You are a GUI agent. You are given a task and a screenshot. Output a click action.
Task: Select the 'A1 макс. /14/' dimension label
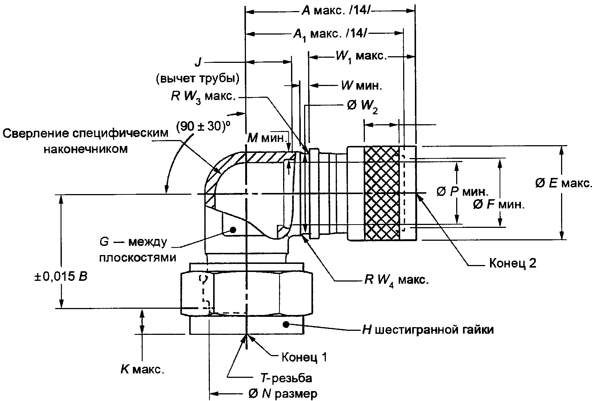pos(330,35)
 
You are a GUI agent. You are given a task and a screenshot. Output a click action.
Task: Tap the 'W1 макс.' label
pos(361,57)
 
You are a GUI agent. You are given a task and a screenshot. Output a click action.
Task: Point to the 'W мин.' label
pos(362,86)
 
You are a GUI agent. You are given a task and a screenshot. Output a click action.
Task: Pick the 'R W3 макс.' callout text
pos(203,97)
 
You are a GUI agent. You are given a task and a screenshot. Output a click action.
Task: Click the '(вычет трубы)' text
pos(198,79)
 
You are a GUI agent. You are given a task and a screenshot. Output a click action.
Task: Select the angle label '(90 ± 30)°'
pos(203,127)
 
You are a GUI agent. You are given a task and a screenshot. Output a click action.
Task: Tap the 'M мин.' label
pos(267,138)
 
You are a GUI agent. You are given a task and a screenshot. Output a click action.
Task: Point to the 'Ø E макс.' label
pos(563,183)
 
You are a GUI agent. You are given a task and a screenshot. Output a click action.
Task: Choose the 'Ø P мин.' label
pos(462,192)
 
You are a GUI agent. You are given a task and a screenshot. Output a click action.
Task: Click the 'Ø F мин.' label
pos(498,205)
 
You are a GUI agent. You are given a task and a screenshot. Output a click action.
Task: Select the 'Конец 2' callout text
pos(513,263)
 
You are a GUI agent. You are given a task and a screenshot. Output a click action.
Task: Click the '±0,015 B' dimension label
pos(61,276)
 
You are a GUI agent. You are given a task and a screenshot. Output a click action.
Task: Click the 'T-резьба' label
pos(286,378)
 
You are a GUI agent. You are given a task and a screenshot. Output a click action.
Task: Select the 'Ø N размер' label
pos(282,394)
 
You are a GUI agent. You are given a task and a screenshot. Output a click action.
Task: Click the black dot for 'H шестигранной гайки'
pos(286,325)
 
